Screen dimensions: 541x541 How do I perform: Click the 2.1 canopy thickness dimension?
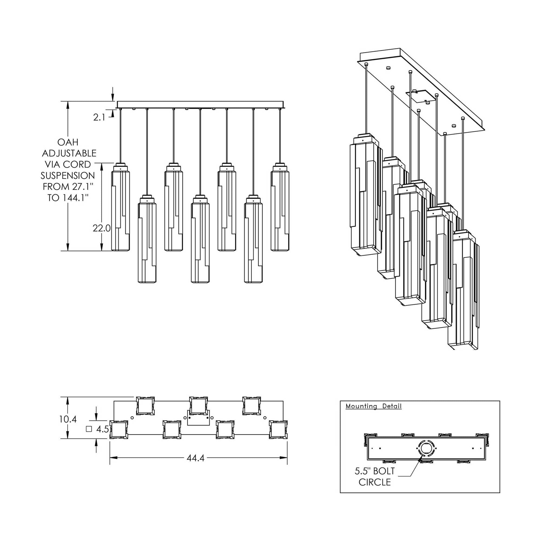(99, 117)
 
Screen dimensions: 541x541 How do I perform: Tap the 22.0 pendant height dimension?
(102, 228)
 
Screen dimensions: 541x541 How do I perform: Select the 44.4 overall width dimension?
(196, 458)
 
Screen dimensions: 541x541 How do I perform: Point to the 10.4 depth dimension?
(68, 419)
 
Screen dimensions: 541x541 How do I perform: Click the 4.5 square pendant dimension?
(103, 429)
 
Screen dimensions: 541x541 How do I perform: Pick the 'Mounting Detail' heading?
(373, 406)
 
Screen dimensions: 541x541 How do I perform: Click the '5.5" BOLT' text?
(374, 471)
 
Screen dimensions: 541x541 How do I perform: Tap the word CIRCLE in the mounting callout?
(374, 482)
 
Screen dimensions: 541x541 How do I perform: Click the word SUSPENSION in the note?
(68, 176)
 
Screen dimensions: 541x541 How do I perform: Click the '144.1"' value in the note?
(74, 198)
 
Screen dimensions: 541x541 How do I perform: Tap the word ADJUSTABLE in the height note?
(69, 153)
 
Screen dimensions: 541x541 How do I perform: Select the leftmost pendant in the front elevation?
(120, 209)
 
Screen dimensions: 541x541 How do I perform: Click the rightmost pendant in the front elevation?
(280, 209)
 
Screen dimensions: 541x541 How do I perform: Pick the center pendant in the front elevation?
(200, 240)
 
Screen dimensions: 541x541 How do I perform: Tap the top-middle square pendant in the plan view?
(198, 405)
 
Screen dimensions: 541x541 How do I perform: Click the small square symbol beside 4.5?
(89, 429)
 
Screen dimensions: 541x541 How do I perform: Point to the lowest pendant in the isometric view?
(464, 291)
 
